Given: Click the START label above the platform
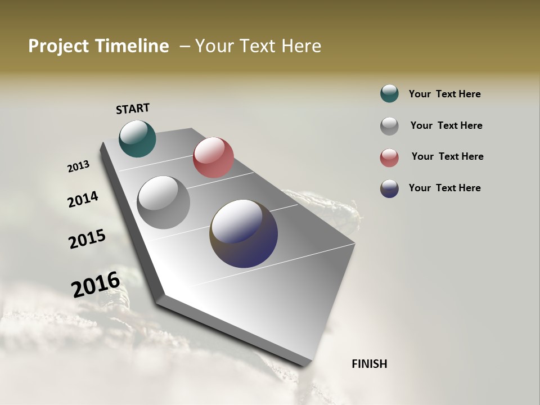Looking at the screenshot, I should [133, 109].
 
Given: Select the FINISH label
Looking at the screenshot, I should [370, 364].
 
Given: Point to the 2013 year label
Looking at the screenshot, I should [78, 166].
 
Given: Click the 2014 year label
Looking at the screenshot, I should [83, 199].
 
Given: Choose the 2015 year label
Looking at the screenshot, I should [87, 239].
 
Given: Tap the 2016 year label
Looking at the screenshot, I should [96, 284].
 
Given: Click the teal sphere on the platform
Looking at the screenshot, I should [137, 138].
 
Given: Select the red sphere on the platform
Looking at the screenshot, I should [213, 157].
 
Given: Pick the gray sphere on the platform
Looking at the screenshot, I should [164, 202].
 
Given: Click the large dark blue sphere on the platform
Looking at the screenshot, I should [244, 233].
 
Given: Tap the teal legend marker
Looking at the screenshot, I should [389, 93].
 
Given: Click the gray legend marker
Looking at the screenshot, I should [389, 125].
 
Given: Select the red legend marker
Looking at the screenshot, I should [389, 157].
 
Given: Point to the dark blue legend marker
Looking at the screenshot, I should [389, 188].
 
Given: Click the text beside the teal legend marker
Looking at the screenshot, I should [444, 94].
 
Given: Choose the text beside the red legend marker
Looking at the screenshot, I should [447, 156].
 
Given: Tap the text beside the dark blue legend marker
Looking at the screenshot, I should [444, 188].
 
